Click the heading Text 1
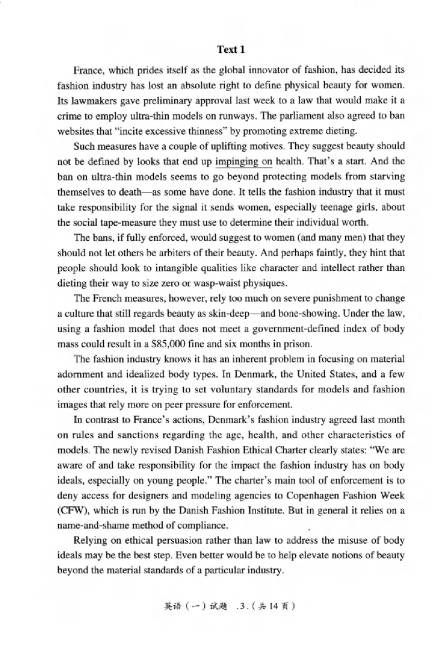(x=230, y=50)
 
